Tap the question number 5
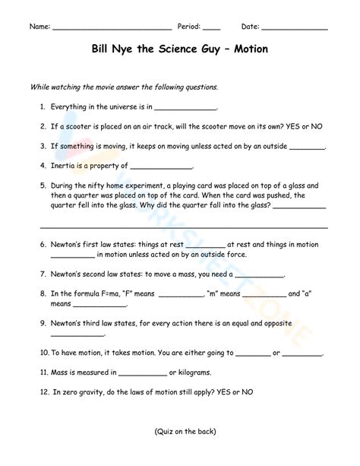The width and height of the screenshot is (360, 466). pos(43,185)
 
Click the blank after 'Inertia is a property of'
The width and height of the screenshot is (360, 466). pos(161,166)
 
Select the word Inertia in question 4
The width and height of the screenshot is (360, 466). pos(64,165)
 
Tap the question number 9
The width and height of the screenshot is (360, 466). pos(43,323)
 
